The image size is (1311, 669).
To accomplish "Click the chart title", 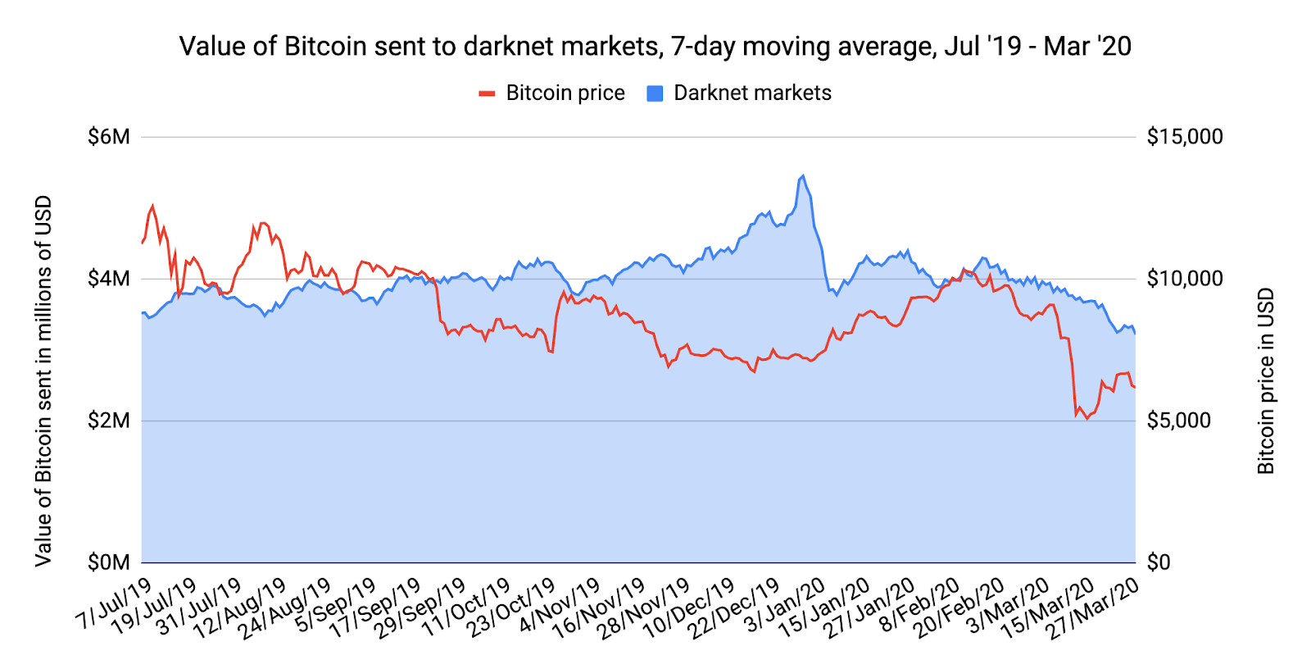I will pos(655,46).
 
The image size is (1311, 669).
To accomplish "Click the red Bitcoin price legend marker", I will pos(488,93).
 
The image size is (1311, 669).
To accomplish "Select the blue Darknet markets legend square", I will pos(655,93).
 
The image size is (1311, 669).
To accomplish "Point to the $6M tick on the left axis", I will pos(109,136).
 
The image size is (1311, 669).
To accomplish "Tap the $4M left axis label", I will pos(109,279).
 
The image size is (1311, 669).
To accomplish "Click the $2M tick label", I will pos(109,421).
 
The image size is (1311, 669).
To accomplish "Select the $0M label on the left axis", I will pos(109,562).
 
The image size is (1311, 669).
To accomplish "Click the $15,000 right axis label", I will pos(1185,136).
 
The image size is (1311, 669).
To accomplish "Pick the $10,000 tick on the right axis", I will pos(1185,279).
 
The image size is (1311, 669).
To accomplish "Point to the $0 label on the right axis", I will pos(1159,562).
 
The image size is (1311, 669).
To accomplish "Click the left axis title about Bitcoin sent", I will pos(43,381).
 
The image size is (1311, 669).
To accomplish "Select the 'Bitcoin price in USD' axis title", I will pos(1266,381).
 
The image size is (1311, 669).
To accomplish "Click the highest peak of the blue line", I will pos(803,175).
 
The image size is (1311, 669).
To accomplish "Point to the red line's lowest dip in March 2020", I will pos(1087,419).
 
